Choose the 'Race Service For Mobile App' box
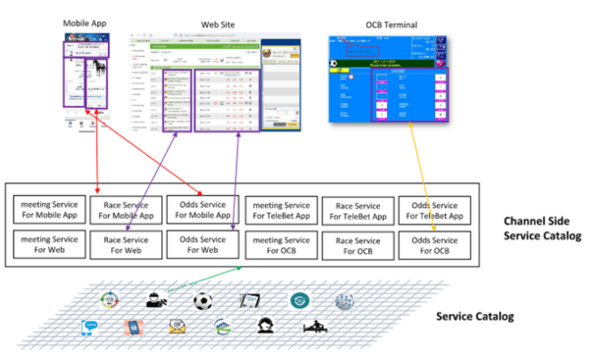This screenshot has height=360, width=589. pyautogui.click(x=125, y=209)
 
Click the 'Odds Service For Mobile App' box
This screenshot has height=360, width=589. pyautogui.click(x=202, y=209)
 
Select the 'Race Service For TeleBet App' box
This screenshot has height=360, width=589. pyautogui.click(x=357, y=209)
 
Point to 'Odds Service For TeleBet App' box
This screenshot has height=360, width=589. pyautogui.click(x=433, y=209)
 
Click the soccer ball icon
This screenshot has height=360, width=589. pyautogui.click(x=203, y=300)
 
